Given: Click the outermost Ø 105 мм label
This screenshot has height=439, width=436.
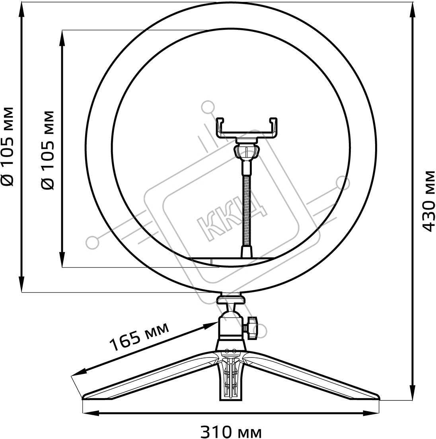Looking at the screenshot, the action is tap(7, 146).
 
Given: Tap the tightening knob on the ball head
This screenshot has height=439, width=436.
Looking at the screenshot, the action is tap(252, 328).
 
